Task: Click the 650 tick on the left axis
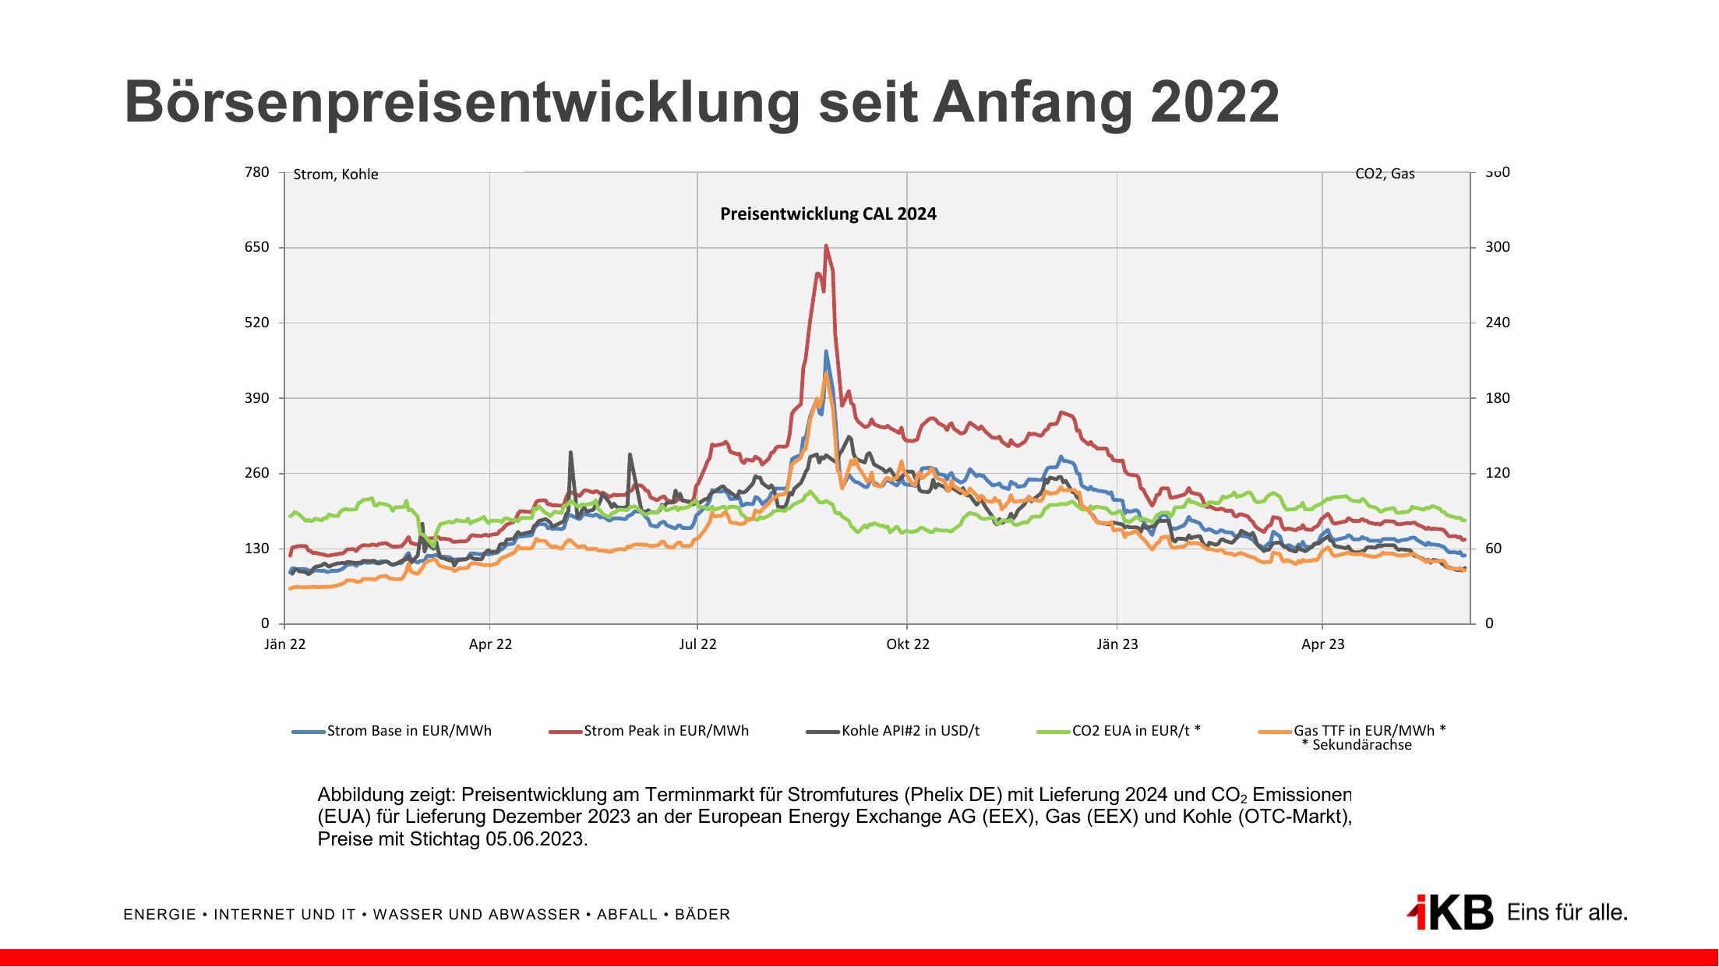coord(258,247)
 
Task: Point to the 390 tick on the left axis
coord(258,397)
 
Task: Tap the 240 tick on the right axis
coord(1497,323)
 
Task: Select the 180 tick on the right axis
coord(1497,397)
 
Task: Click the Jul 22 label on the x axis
coord(697,644)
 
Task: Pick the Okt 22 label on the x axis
coord(908,644)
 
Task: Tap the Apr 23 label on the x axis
coord(1323,644)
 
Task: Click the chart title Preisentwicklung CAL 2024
coord(828,214)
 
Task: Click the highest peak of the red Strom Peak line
coord(826,246)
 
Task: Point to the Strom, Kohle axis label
coord(336,175)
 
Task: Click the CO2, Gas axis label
coord(1385,174)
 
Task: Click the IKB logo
coord(1451,912)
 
